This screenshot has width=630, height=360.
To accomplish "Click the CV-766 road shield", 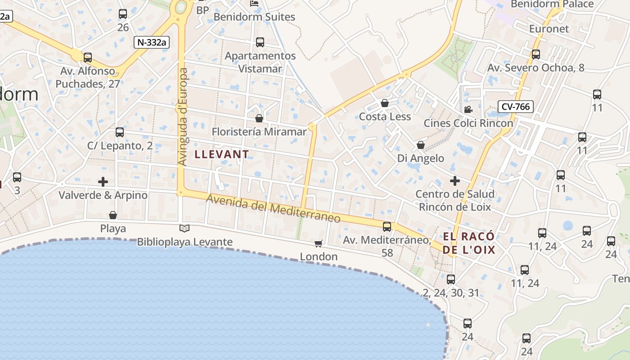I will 516,107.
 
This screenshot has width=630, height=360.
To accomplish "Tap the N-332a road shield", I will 152,42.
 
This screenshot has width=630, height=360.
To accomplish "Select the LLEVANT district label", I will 221,154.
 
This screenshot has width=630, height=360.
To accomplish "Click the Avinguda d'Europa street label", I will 182,117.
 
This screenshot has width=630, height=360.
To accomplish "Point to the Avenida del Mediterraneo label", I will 273,208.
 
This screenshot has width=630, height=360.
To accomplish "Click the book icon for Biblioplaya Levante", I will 184,228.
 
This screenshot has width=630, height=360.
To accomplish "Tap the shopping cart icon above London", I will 319,243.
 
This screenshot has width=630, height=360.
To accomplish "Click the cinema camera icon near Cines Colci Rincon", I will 468,109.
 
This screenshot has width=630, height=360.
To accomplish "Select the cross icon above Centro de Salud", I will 455,181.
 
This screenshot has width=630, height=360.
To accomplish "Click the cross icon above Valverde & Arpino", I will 103,182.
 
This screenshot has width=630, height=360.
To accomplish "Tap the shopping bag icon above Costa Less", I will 385,103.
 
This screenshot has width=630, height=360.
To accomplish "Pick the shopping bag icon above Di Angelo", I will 421,145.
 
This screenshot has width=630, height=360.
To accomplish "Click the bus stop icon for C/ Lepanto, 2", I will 120,132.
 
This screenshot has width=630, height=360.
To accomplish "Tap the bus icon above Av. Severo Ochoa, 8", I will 536,54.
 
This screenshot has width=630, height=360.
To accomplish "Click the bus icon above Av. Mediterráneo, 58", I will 387,227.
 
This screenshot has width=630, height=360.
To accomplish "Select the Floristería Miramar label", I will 259,132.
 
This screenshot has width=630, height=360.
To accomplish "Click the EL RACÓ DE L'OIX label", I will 469,243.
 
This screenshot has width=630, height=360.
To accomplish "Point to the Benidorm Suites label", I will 254,17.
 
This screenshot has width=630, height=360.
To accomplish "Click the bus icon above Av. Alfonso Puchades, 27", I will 88,58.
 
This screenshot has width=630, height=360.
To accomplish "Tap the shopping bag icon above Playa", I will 113,215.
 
